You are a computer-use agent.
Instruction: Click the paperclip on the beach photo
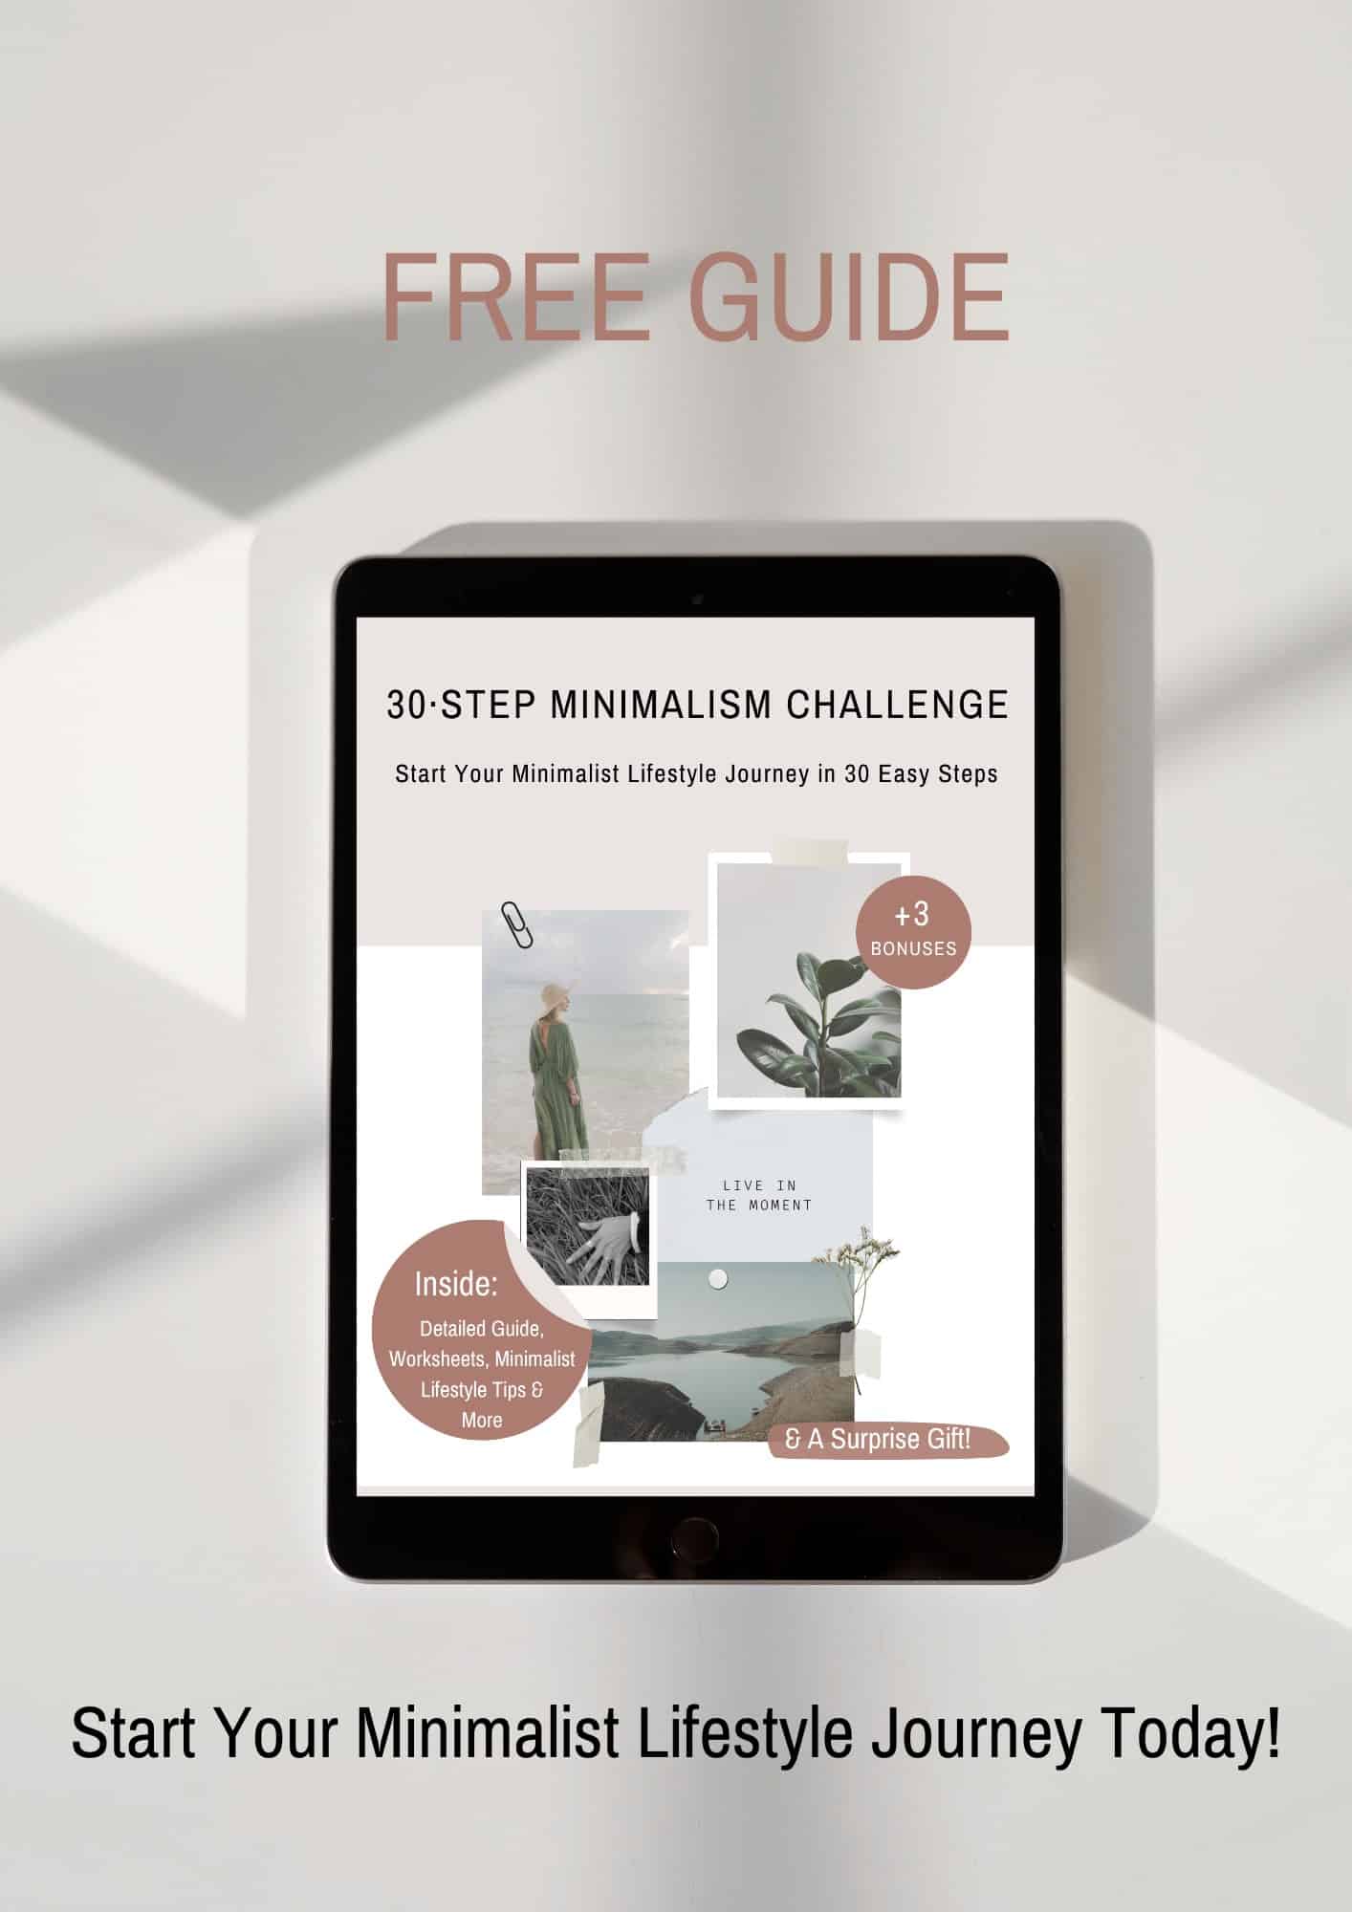click(516, 924)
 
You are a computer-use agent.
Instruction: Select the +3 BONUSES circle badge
click(912, 931)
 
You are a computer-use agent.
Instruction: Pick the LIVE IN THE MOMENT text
click(759, 1195)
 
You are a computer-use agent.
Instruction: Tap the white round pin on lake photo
click(718, 1279)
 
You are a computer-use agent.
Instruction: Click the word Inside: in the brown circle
click(455, 1284)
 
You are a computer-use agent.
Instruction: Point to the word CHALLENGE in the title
click(897, 705)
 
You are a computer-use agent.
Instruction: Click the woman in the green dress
click(550, 1080)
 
